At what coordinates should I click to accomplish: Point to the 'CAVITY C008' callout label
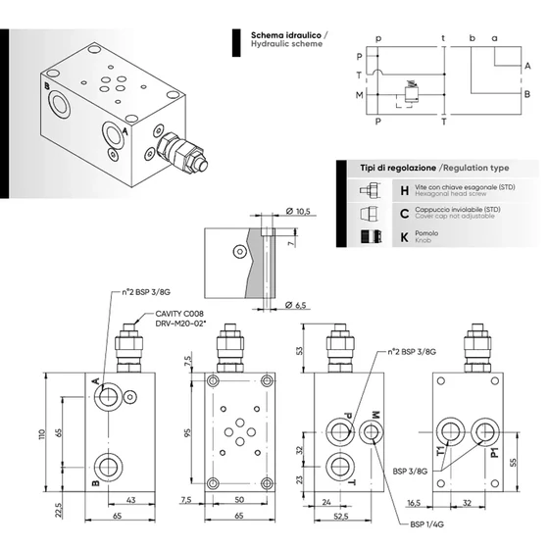[x=178, y=314]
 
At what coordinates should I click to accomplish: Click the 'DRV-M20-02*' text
[x=181, y=324]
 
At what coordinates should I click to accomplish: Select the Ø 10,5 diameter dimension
[x=297, y=212]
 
